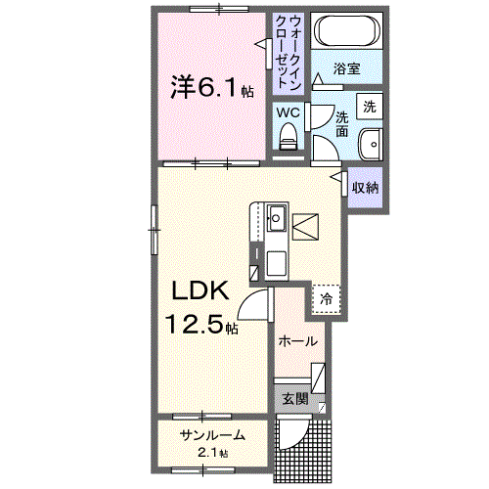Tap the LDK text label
(201, 290)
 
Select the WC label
(288, 112)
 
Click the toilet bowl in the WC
(288, 141)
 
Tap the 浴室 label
(347, 69)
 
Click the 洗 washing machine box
(369, 105)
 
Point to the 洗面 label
(342, 124)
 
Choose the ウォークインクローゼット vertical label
(289, 49)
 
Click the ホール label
(297, 341)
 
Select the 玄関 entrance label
(295, 398)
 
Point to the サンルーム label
(211, 435)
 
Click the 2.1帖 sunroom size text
(211, 453)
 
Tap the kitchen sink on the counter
(275, 217)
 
